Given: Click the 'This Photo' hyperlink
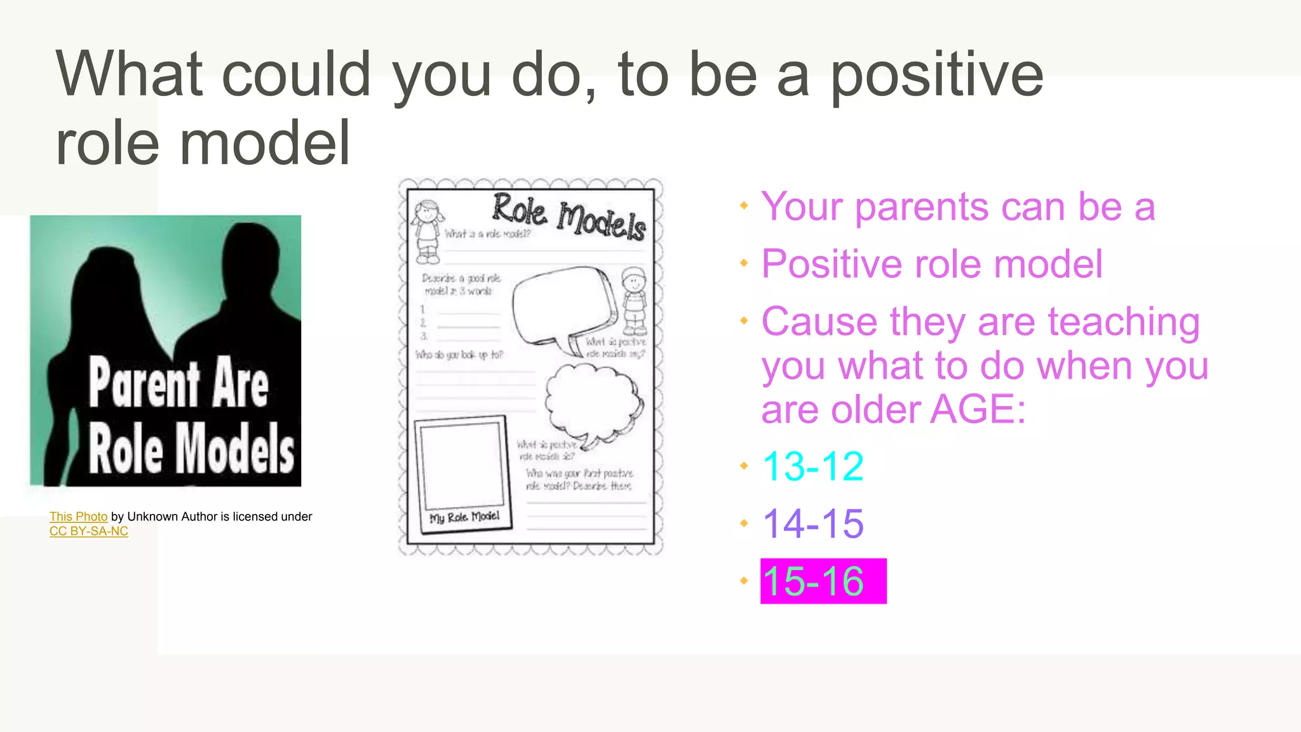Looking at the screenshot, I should coord(78,517).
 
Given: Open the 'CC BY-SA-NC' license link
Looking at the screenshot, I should coord(89,531).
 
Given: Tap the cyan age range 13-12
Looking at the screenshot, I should coord(813,466).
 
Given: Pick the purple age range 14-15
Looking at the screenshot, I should coord(813,524).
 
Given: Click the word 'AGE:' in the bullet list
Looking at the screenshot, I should coord(978,410).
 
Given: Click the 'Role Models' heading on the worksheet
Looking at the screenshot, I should coord(569,216).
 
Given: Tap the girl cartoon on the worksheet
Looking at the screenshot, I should coord(428,232).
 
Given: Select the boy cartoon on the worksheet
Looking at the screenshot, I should coord(634,301).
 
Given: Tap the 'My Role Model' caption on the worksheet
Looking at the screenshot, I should coord(464,517).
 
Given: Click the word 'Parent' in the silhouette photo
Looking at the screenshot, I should coord(144,383).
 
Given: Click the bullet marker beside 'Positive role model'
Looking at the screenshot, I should coord(744,263).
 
